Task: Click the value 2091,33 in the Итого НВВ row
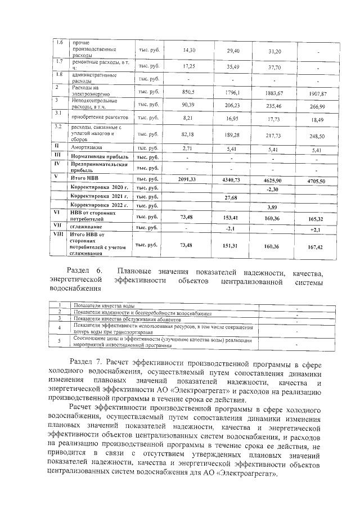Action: pos(186,178)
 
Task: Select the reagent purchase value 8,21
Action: pos(186,118)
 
